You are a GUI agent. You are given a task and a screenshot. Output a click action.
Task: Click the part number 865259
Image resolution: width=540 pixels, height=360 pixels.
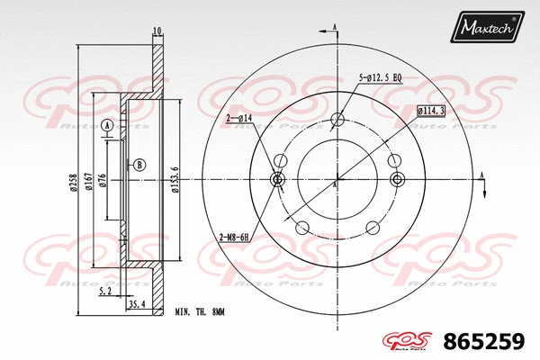[491, 341]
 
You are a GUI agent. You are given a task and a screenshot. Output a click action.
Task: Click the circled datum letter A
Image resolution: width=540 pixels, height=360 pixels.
[108, 126]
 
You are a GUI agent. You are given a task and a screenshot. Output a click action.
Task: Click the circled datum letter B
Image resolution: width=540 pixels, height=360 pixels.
[139, 165]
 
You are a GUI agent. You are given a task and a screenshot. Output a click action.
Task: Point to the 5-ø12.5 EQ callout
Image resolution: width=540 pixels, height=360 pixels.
[380, 78]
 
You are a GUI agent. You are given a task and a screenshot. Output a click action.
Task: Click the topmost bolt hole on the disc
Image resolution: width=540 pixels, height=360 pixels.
[337, 120]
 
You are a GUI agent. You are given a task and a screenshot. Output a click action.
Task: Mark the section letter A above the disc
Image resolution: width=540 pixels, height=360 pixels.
[334, 28]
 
